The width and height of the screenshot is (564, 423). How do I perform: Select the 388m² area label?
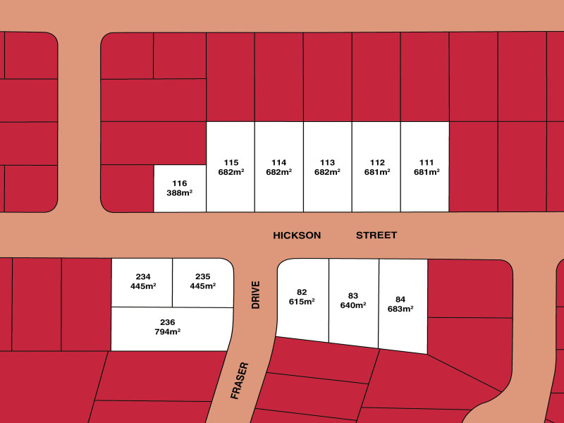coord(180,192)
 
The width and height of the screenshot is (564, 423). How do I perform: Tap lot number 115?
coord(231,161)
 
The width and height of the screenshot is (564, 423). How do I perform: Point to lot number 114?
coord(278,161)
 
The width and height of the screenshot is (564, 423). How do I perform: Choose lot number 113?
coord(327,161)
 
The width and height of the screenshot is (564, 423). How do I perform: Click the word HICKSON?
coord(297,235)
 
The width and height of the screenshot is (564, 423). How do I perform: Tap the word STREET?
coord(376,235)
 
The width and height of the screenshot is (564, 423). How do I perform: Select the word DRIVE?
coord(256,295)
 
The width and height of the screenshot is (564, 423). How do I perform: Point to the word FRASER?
coord(240,381)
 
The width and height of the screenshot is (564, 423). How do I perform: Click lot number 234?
coord(143,276)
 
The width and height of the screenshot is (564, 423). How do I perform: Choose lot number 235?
coord(203,276)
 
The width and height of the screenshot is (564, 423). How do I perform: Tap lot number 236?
coord(168,322)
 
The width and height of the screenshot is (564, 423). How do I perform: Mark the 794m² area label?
coord(168,332)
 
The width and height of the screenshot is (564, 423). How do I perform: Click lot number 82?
coord(302,292)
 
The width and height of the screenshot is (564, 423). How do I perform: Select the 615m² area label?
coord(302,302)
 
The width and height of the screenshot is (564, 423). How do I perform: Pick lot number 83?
coord(353,296)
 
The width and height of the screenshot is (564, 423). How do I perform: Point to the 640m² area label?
coord(353,306)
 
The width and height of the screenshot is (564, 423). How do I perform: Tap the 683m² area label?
coord(400,309)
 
